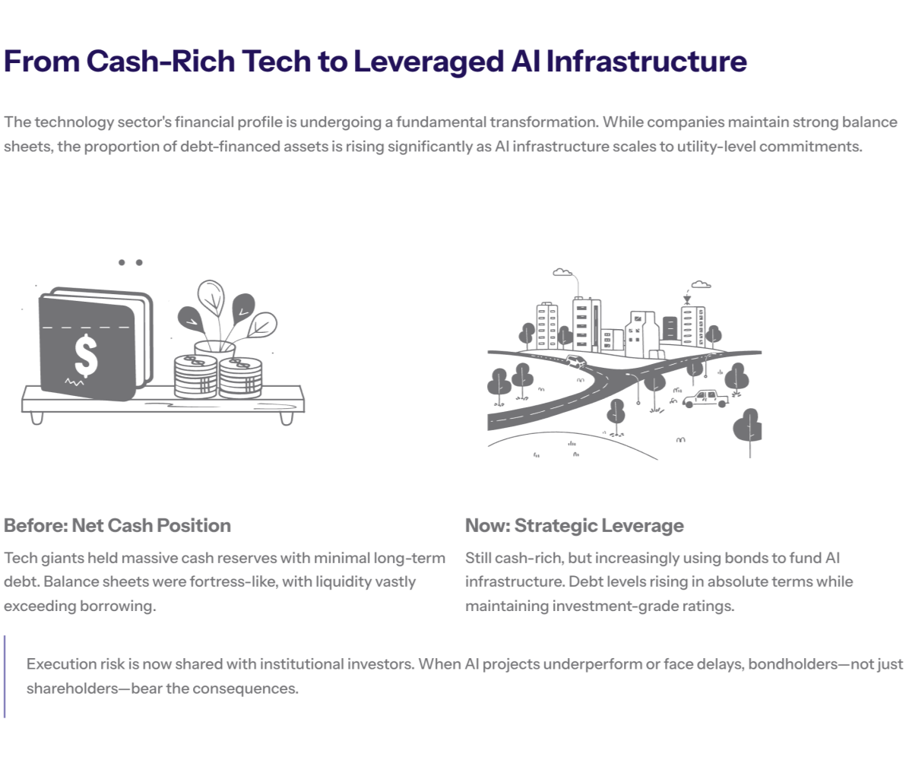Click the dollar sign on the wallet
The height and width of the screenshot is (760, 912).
pyautogui.click(x=86, y=355)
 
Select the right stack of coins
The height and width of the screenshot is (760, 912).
pyautogui.click(x=240, y=377)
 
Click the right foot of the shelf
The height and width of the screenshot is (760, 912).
pyautogui.click(x=286, y=418)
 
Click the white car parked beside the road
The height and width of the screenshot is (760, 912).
pyautogui.click(x=705, y=398)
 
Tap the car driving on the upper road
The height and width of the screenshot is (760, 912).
pyautogui.click(x=576, y=362)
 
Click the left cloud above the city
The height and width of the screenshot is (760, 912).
pyautogui.click(x=562, y=271)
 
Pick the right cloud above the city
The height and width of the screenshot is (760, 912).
pyautogui.click(x=701, y=284)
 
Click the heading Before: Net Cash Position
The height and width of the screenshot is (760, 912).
pyautogui.click(x=117, y=525)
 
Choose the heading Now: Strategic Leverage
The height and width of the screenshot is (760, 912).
pyautogui.click(x=574, y=525)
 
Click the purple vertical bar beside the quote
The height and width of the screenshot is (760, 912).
pyautogui.click(x=5, y=676)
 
